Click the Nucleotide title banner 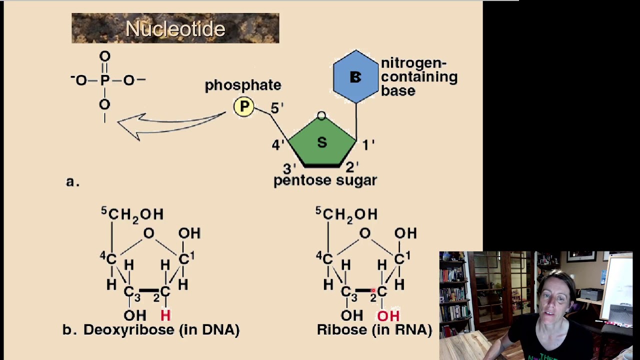coord(175,28)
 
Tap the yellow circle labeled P coord(244,106)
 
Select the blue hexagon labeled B coord(355,76)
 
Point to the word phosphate coord(243,85)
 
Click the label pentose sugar coord(325,180)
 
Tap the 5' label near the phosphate coord(277,108)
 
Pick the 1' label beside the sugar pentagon coord(368,144)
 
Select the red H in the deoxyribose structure coord(165,315)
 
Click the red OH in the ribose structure coord(388,316)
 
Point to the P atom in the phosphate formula coord(104,80)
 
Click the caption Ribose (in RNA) coord(374,330)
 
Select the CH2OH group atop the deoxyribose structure coord(135,214)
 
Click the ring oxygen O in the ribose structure coord(365,233)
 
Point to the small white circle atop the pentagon coord(321,116)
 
